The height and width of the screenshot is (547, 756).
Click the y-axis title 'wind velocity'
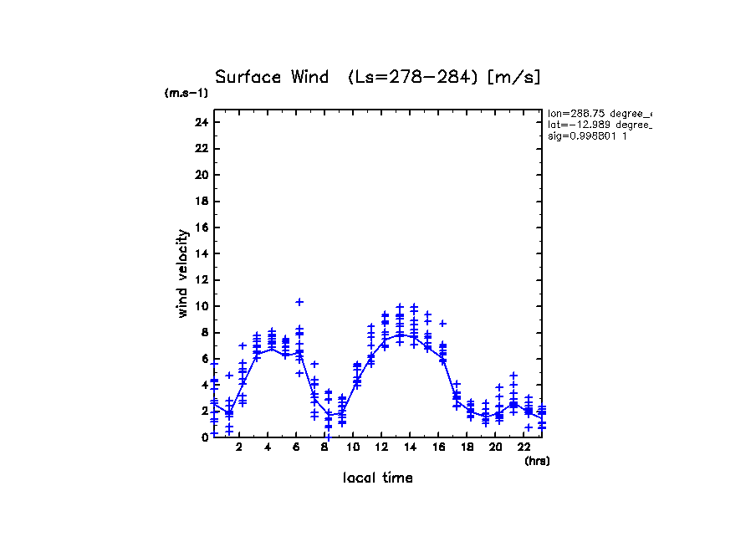tap(182, 273)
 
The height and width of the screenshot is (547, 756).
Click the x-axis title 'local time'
tap(378, 478)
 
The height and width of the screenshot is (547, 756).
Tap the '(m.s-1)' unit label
tap(186, 94)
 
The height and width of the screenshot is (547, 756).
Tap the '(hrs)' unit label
tap(537, 461)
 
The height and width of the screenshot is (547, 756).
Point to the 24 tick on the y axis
tap(201, 122)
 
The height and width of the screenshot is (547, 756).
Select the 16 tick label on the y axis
tap(201, 227)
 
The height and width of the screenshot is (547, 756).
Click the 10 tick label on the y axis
tap(201, 306)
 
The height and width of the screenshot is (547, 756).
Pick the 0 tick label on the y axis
tap(204, 437)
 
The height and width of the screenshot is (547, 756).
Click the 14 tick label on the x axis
tap(411, 447)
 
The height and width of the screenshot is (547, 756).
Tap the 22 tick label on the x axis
tap(524, 447)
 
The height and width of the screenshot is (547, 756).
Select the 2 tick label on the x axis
tap(239, 447)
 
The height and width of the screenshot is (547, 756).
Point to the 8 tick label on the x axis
tap(324, 447)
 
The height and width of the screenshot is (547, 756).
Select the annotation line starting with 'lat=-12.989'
tap(599, 125)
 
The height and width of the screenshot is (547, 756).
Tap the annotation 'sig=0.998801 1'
tap(587, 135)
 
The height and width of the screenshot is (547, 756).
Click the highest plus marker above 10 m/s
tap(299, 301)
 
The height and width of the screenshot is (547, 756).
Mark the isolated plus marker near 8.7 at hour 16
tap(442, 323)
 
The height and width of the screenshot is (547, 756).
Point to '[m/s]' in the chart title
tap(514, 77)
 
